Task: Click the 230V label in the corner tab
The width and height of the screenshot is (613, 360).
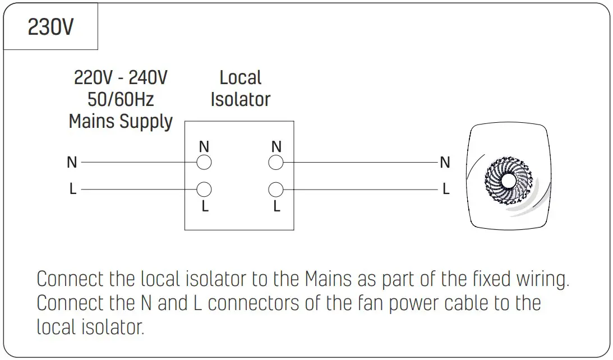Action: coord(50,27)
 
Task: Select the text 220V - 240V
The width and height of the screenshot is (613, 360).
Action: coord(121,77)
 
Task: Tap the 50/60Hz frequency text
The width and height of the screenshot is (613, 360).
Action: coord(121,99)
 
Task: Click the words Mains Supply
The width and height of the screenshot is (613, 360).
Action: coord(121,121)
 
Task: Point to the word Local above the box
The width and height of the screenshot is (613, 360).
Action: coord(241,77)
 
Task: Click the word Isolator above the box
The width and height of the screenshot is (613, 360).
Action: coord(241,99)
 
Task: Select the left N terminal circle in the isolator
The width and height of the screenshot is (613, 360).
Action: coord(204,163)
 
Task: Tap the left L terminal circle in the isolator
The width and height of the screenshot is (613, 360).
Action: coord(204,189)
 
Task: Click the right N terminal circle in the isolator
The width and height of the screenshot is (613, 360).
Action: coord(276,163)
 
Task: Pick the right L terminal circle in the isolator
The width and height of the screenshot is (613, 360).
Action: coord(276,189)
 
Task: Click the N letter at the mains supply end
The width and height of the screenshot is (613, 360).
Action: coord(72,163)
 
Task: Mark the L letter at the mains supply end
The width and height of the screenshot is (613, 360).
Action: coord(72,190)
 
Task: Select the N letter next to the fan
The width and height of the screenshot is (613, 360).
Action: coord(445,163)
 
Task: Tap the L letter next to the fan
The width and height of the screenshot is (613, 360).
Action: coord(446,190)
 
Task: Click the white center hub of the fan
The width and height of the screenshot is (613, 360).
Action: coord(509,181)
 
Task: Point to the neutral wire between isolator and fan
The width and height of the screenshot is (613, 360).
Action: coord(359,163)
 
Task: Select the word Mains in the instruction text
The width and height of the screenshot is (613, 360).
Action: coord(329,279)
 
